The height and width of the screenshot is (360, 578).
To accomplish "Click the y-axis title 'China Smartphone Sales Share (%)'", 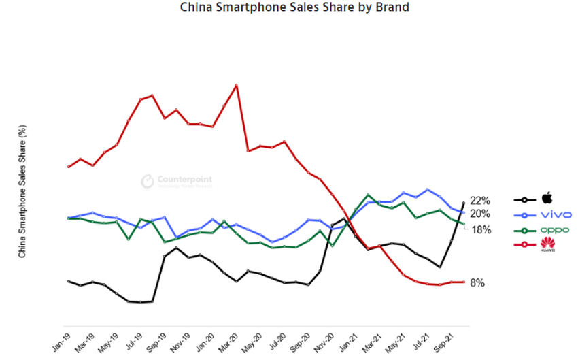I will click(22, 191).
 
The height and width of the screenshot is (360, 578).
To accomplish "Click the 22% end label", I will click(480, 201).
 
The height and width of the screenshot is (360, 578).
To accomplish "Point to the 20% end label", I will click(480, 214).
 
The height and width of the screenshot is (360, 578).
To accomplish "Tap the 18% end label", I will click(481, 230).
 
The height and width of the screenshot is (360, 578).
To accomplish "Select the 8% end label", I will click(477, 282).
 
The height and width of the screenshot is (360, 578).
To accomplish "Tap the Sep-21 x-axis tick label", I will click(444, 339).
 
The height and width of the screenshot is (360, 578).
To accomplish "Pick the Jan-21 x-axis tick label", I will click(349, 339).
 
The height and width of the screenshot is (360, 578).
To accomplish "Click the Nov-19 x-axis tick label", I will click(181, 339).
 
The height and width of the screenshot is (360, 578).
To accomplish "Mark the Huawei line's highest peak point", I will click(236, 85).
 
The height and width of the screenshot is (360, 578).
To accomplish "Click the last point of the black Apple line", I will click(464, 203).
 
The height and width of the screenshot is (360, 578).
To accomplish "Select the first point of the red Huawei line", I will click(69, 167).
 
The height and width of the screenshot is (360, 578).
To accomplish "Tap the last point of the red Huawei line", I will click(464, 282).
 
